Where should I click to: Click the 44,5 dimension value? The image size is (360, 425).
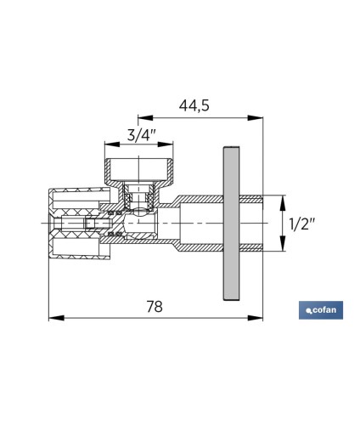pos(194,105)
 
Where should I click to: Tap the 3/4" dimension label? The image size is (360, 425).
pos(142,135)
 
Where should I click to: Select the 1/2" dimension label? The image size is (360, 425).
pos(301,224)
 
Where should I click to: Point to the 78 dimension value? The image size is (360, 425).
pos(155,306)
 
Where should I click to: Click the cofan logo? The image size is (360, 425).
pos(321,310)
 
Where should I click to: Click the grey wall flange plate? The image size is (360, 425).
pos(231,224)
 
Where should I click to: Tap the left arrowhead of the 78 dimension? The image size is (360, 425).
pos(56,318)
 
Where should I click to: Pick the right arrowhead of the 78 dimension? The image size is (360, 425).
pos(256,318)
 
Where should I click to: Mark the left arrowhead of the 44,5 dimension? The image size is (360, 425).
pos(145,117)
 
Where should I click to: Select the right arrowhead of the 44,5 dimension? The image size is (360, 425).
pos(256,117)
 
